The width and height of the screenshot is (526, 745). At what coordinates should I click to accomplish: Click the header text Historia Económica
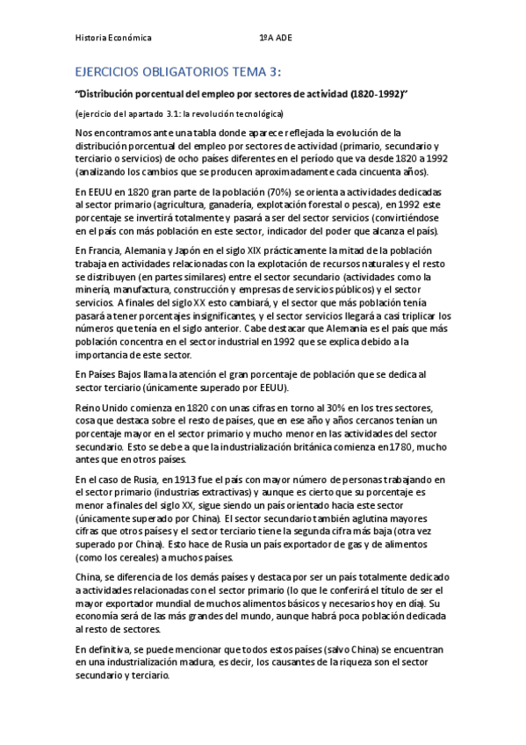click(113, 39)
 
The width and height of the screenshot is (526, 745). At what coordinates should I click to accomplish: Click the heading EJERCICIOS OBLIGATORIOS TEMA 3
click(178, 71)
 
